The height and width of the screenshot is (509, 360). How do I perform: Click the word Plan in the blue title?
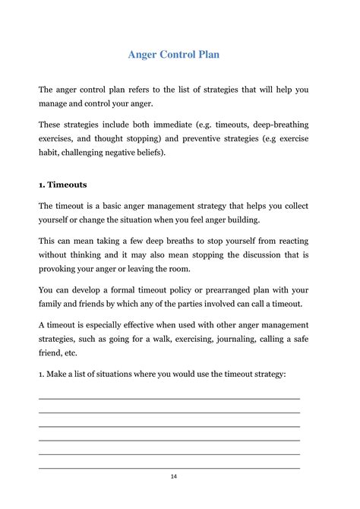(206, 55)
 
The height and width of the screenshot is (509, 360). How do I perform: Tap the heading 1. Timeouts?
(62, 184)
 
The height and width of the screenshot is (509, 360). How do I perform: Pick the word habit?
(50, 152)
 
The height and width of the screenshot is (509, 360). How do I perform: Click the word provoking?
(61, 269)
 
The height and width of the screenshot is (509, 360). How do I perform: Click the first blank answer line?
(169, 398)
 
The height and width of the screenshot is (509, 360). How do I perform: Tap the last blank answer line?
(169, 467)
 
